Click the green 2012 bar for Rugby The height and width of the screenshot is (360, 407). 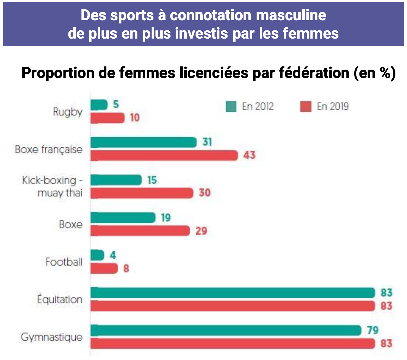(x=99, y=105)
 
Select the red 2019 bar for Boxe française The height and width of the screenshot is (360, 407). (x=164, y=155)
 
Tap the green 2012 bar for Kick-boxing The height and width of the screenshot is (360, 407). (x=116, y=180)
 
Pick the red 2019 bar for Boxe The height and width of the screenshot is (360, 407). (x=140, y=231)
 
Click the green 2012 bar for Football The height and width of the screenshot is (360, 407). (x=97, y=255)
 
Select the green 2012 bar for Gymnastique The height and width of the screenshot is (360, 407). (x=226, y=330)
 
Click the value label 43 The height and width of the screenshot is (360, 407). (x=249, y=155)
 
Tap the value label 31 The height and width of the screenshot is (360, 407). (x=207, y=142)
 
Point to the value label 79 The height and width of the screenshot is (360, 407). (x=373, y=330)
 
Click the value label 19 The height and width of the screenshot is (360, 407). (x=166, y=218)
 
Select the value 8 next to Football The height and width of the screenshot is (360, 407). (x=126, y=268)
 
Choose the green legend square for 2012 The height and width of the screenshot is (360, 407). (x=231, y=106)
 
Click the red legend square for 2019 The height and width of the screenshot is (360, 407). (x=306, y=106)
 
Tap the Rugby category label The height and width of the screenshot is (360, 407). (x=68, y=112)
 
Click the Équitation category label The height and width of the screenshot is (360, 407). (x=60, y=299)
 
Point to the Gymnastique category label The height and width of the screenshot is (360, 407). (x=52, y=337)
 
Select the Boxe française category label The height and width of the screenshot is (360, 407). (x=49, y=149)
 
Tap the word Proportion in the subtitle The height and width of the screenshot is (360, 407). (x=58, y=73)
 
